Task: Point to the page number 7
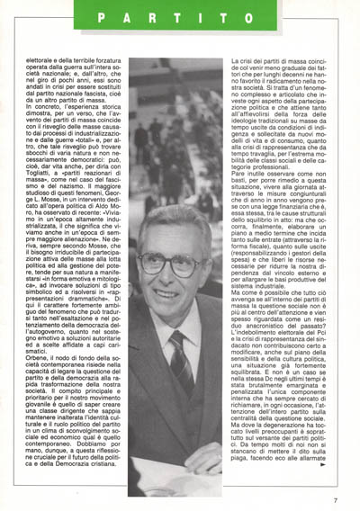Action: point(334,500)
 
